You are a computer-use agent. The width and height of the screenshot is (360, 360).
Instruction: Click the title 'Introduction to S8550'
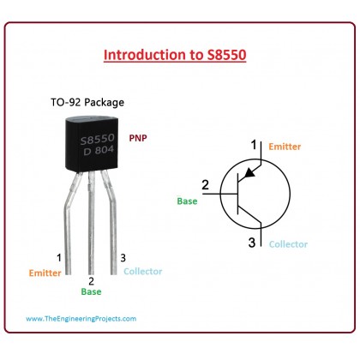tap(175, 55)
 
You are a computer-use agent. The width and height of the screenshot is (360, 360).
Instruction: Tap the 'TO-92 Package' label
tap(87, 102)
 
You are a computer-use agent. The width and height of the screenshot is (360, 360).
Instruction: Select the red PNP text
tap(138, 138)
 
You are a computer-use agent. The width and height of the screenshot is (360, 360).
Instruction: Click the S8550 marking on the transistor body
tap(98, 139)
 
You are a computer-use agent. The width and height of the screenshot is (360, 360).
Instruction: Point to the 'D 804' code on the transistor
tap(99, 150)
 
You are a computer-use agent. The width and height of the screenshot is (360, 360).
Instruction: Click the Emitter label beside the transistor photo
tap(45, 273)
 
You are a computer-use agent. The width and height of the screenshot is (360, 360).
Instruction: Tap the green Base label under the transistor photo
tap(91, 291)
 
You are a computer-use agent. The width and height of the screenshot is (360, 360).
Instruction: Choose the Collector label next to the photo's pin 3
tap(143, 272)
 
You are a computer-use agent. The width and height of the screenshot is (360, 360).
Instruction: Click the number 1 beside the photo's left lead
tap(59, 258)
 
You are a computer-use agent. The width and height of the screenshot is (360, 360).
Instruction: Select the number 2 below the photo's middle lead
tap(91, 281)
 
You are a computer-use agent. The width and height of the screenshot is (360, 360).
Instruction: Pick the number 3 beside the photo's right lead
tap(123, 258)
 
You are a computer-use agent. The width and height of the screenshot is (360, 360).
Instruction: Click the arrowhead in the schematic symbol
tap(250, 172)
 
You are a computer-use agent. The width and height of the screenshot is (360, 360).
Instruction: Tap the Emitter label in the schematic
tap(285, 147)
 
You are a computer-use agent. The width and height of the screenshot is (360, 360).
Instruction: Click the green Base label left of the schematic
tap(187, 201)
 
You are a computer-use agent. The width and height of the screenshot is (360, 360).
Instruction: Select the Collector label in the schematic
tap(288, 244)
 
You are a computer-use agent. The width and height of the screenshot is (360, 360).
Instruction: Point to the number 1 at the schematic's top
tap(254, 145)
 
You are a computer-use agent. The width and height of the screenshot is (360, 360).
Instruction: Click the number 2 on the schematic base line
tap(205, 185)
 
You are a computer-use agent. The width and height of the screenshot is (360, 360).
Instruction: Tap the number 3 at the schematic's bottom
tap(252, 243)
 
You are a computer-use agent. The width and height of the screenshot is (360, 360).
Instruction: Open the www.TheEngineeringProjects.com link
tap(81, 319)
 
